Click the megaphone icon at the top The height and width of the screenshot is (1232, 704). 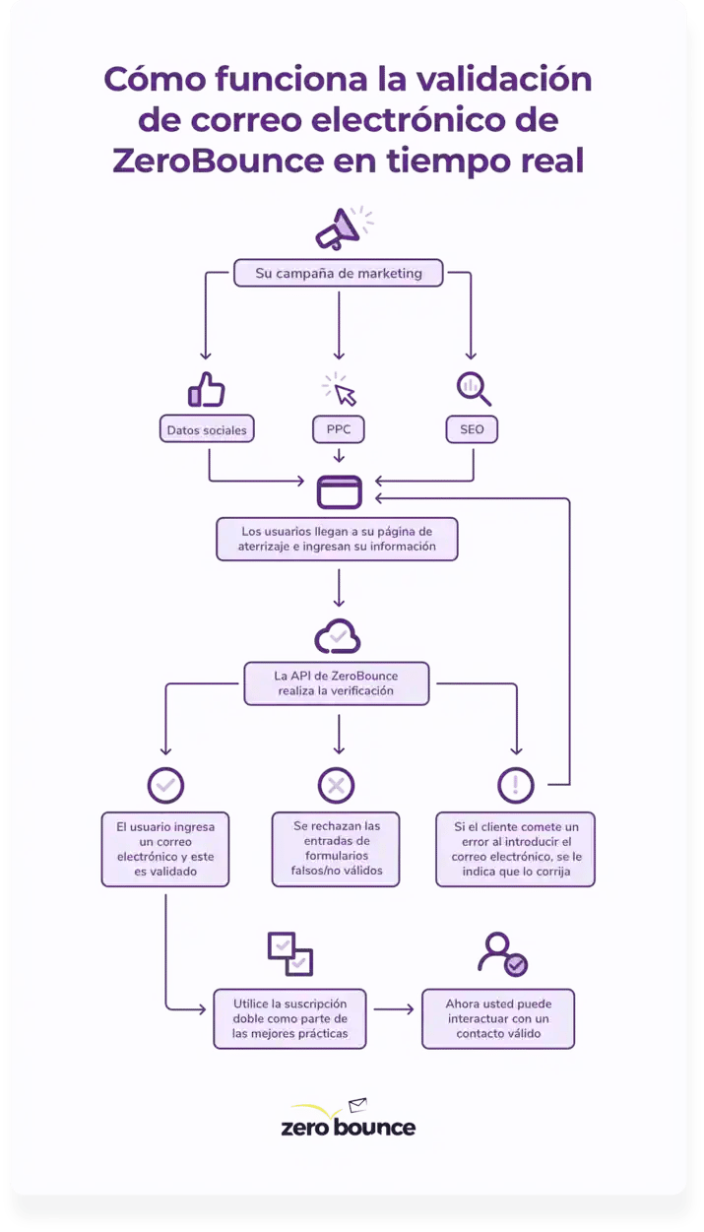pos(341,228)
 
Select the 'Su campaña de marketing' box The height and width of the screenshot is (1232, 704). pos(338,273)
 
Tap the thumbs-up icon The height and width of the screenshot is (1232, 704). pos(206,390)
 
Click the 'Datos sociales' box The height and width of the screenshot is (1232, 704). pos(207,429)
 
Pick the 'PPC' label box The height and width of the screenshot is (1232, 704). pos(338,429)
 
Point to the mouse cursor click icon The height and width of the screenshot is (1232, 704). pos(340,390)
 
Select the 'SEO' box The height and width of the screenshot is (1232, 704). pos(472,429)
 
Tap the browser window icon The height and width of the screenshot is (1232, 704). pos(339,491)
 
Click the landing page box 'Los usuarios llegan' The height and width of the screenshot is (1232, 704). pos(338,538)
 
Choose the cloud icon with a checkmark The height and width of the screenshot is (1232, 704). pos(338,637)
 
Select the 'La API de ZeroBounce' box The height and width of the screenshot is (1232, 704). pos(337,683)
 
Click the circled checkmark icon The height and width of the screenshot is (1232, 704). pos(165,785)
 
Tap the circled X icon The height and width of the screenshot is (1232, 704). pos(337,785)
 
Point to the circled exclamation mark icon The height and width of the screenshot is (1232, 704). pos(516,785)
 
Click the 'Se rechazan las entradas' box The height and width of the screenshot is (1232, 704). pos(337,848)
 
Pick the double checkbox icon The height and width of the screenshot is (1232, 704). pos(290,953)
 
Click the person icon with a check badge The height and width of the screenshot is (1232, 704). pos(501,953)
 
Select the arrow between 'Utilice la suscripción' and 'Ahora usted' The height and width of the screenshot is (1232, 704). pos(393,1009)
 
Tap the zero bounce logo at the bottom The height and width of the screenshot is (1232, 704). pos(348,1121)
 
